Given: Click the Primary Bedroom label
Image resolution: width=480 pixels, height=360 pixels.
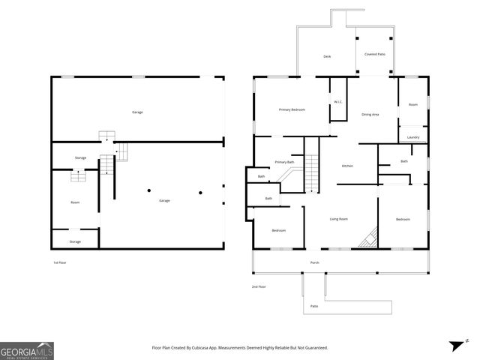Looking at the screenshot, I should pyautogui.click(x=292, y=109).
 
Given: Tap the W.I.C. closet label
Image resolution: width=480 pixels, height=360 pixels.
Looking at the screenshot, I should pyautogui.click(x=337, y=102).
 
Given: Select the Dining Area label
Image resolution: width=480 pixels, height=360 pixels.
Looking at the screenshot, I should pyautogui.click(x=370, y=115).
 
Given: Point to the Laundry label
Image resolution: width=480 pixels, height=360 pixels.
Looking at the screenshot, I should pyautogui.click(x=413, y=137).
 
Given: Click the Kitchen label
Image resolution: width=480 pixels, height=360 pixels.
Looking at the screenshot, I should pyautogui.click(x=347, y=166).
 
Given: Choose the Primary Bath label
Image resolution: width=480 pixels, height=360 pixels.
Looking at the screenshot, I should pyautogui.click(x=284, y=162).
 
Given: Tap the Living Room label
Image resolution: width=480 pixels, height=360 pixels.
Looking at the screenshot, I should pyautogui.click(x=338, y=219).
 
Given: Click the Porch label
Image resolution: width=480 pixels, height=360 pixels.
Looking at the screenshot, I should pyautogui.click(x=315, y=262).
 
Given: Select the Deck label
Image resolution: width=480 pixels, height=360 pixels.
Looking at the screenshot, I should pyautogui.click(x=327, y=56).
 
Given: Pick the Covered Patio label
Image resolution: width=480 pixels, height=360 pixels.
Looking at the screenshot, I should pyautogui.click(x=374, y=54).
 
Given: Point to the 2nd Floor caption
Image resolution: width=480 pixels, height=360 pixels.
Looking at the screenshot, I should pyautogui.click(x=259, y=286).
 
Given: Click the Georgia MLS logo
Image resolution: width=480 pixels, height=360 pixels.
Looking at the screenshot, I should pyautogui.click(x=27, y=350).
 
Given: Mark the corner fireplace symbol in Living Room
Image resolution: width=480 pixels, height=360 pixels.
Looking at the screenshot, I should pyautogui.click(x=367, y=239).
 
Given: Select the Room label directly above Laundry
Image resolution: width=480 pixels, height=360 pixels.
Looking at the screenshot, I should pyautogui.click(x=413, y=104).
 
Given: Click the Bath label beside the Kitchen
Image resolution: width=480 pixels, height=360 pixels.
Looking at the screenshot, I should pyautogui.click(x=404, y=161).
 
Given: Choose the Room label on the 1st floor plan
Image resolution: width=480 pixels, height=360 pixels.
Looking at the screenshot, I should pyautogui.click(x=75, y=202).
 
